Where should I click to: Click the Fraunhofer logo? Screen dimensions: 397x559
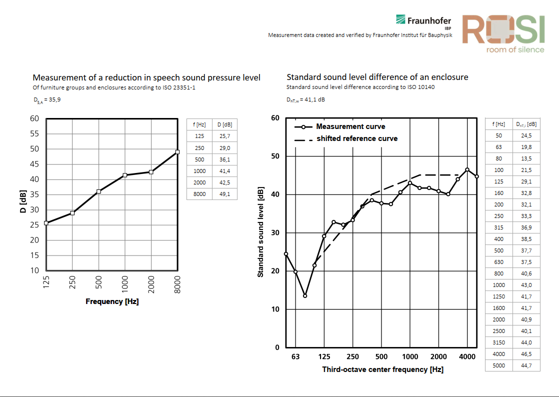click(x=423, y=21)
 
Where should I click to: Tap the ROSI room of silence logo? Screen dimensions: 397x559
click(x=502, y=32)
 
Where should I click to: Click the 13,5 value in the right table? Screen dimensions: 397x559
click(x=526, y=158)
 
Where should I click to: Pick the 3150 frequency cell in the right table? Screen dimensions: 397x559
click(x=499, y=342)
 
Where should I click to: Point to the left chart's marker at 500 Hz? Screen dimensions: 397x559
click(x=98, y=191)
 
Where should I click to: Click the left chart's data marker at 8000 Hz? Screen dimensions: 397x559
click(x=177, y=152)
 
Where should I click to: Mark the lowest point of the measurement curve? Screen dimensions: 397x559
click(x=305, y=296)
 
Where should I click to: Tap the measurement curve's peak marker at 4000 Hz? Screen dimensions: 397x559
click(x=467, y=169)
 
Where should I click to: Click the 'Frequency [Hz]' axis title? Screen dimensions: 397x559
click(x=112, y=301)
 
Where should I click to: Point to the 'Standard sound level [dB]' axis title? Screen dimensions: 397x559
click(x=260, y=232)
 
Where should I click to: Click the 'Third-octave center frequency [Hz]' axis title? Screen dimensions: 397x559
click(x=382, y=369)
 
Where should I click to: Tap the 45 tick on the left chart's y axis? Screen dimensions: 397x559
click(x=34, y=164)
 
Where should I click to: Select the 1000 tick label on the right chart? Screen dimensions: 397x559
click(x=410, y=356)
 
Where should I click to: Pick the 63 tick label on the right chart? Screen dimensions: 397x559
click(x=295, y=356)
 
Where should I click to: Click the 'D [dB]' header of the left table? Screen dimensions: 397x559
click(x=224, y=124)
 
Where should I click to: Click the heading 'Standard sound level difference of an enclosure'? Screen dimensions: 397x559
click(x=377, y=77)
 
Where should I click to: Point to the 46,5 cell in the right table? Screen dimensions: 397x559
click(x=526, y=354)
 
